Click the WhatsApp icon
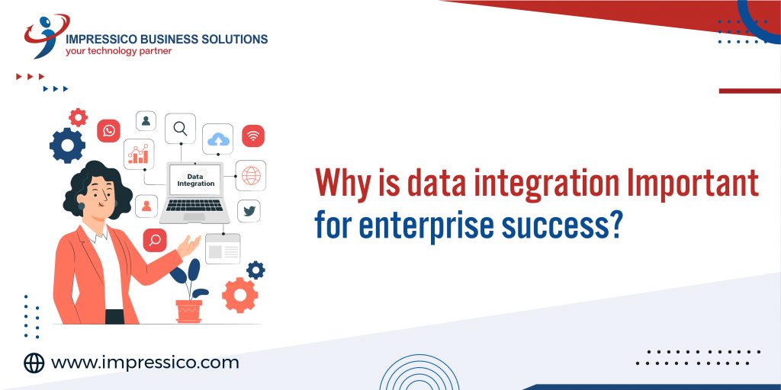point(108,131)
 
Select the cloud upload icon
point(219,139)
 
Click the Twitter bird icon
point(249,211)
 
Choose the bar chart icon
point(139,154)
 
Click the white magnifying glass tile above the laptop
point(180,129)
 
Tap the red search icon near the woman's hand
point(155,241)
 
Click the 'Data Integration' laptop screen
point(195,181)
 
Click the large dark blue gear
point(67,145)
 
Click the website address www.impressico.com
point(145,363)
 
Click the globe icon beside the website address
point(34,363)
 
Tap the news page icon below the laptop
point(222,249)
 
